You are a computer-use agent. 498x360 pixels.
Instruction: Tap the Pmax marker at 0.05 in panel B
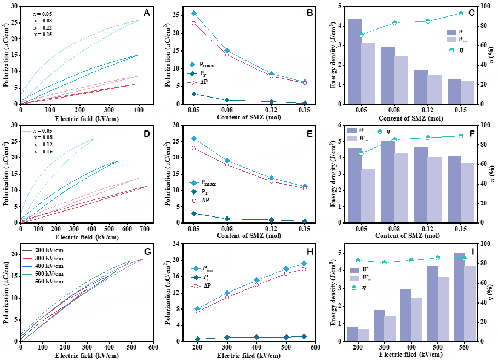coord(193,13)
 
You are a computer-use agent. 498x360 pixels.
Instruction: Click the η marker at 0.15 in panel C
coord(461,13)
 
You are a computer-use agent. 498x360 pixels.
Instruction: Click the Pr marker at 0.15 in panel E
coord(305,221)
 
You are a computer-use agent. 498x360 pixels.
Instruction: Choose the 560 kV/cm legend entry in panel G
coord(47,281)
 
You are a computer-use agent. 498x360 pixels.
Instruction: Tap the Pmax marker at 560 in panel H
coord(304,264)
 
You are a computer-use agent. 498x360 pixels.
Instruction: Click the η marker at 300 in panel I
coord(385,263)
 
